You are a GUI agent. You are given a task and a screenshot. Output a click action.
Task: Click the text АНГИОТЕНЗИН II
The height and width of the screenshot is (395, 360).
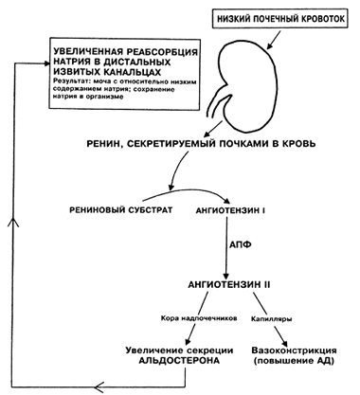(x=229, y=284)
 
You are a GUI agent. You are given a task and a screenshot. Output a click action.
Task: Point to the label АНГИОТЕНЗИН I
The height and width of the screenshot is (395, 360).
(x=230, y=210)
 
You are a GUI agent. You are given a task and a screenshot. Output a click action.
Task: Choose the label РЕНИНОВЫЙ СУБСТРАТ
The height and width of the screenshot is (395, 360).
(x=121, y=210)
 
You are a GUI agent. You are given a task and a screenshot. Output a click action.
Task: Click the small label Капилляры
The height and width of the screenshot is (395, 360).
(x=271, y=319)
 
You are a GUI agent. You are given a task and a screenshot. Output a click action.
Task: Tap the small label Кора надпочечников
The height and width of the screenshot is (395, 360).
(x=199, y=318)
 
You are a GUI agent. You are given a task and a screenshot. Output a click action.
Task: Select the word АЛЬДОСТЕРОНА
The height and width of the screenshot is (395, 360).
(x=179, y=360)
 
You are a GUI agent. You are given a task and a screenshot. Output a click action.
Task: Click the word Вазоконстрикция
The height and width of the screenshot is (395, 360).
(x=294, y=350)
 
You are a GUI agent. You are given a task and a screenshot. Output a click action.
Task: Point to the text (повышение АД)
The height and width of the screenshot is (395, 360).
(x=294, y=361)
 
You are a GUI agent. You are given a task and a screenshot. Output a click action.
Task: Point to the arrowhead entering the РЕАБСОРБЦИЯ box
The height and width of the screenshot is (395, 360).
(x=45, y=63)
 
